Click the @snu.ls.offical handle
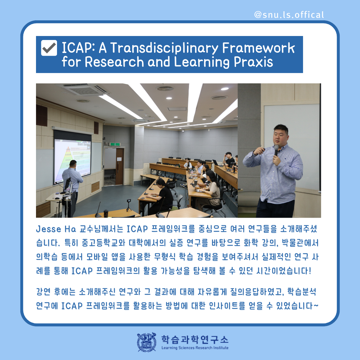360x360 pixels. (x=289, y=15)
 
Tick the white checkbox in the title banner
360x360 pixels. (x=49, y=48)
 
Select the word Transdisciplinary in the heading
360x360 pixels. (x=164, y=48)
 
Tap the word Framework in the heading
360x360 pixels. (x=259, y=48)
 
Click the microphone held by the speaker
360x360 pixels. (x=276, y=150)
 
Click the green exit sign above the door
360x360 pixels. (x=115, y=144)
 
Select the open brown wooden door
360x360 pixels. (x=120, y=166)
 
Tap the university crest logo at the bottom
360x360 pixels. (x=147, y=342)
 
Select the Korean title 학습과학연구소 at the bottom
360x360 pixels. (x=195, y=339)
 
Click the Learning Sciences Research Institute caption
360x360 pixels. (x=195, y=348)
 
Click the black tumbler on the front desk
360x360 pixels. (x=106, y=214)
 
